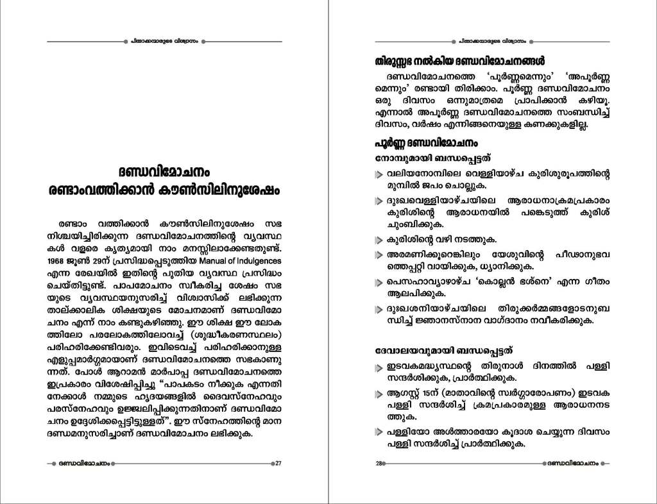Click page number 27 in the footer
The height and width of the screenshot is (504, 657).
(x=279, y=464)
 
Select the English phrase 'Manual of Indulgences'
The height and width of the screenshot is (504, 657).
(x=243, y=261)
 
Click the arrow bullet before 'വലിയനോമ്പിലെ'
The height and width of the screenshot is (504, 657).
(x=380, y=175)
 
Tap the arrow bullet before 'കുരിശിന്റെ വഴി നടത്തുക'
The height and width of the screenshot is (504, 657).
(x=380, y=240)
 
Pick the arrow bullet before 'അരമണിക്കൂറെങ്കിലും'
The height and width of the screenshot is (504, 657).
(x=380, y=256)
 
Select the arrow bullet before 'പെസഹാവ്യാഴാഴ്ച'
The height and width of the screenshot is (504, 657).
(x=380, y=282)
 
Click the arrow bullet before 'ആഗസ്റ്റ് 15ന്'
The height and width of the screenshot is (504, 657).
(x=380, y=394)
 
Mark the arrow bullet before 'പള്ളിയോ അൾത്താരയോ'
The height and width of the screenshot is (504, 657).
(x=380, y=432)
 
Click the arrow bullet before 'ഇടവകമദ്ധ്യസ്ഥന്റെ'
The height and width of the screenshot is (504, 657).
(x=380, y=367)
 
